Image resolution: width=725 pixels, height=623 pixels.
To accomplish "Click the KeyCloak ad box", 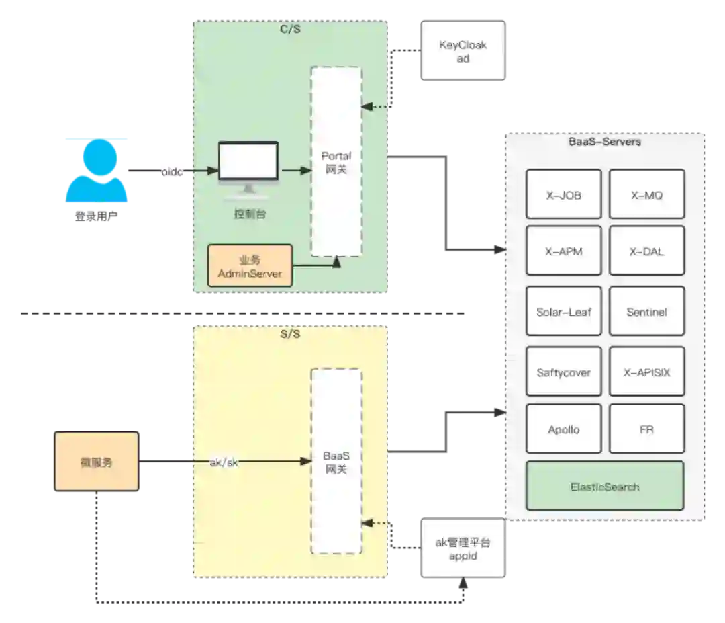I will click(463, 51).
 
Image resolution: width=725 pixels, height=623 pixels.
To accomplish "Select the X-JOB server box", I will click(563, 194).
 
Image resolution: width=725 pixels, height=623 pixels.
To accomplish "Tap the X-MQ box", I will click(646, 194).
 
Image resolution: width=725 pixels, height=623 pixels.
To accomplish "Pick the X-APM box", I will click(563, 251).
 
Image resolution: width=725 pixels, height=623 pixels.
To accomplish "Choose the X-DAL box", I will click(646, 251).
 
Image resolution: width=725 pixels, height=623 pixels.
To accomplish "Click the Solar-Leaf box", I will click(563, 312).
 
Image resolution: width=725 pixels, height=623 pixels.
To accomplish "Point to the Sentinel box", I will click(646, 312).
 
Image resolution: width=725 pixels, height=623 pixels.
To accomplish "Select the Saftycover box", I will click(563, 372).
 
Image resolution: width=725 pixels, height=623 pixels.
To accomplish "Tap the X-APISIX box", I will click(646, 372).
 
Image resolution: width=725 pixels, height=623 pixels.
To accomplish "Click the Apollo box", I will click(563, 429).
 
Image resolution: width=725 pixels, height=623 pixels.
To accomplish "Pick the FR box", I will click(646, 429).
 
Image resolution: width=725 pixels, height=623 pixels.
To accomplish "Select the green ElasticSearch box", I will click(604, 486).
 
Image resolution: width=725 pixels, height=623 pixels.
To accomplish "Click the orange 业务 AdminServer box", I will click(250, 266).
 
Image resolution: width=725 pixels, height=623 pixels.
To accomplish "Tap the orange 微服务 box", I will click(96, 462).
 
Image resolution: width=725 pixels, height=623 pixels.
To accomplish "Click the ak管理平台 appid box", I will click(463, 548).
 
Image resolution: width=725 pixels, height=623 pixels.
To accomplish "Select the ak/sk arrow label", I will click(224, 462).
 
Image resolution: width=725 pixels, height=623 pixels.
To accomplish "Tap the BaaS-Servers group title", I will click(604, 142).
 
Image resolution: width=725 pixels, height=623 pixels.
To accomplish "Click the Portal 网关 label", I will click(336, 163).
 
